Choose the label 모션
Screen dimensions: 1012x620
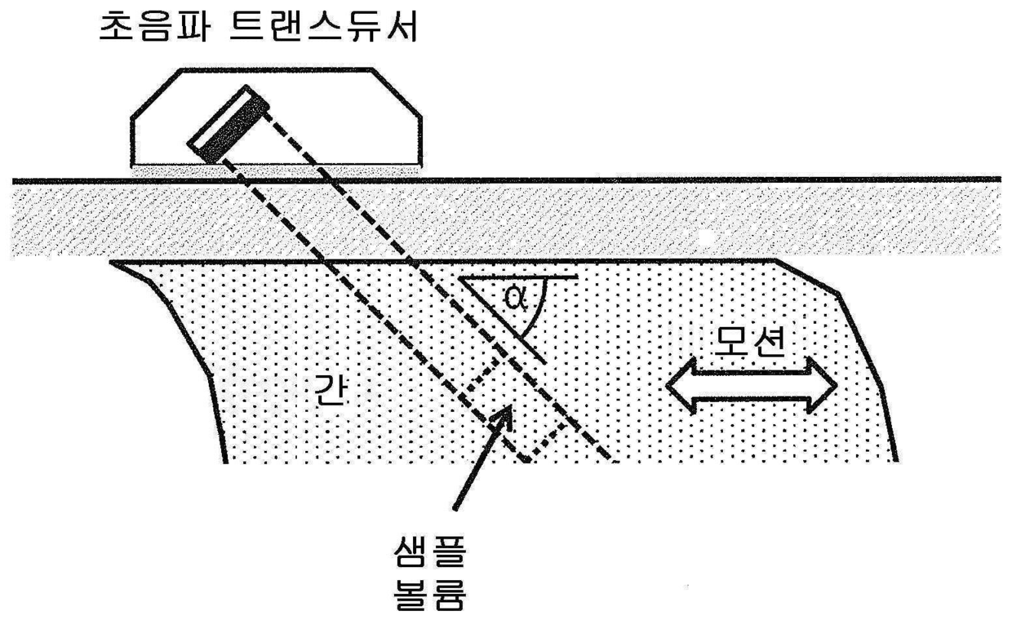coord(750,343)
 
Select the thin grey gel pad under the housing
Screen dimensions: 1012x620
coord(277,169)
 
